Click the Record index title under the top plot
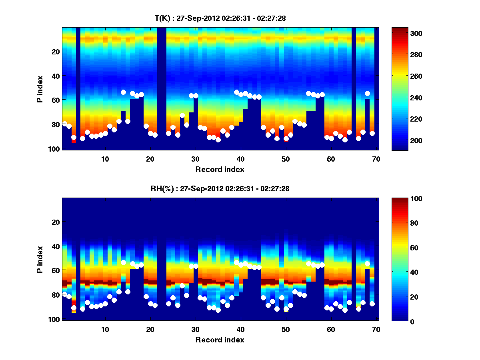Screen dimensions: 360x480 pos(220,169)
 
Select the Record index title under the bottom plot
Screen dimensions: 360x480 pos(220,340)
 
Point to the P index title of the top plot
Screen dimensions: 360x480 pos(40,89)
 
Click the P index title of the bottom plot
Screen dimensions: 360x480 pos(40,259)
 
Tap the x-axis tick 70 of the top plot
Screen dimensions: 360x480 pos(376,159)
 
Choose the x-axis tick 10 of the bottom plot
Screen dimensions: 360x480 pos(105,329)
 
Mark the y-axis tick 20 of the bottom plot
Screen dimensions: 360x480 pos(55,222)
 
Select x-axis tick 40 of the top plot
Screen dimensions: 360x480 pos(240,159)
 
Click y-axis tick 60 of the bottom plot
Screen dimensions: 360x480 pos(55,271)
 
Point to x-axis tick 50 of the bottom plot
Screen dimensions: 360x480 pos(285,329)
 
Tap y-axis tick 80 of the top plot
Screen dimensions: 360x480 pos(55,124)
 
